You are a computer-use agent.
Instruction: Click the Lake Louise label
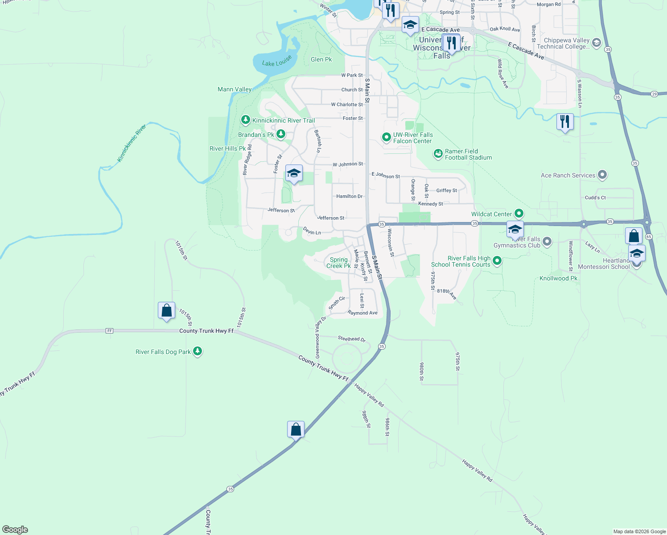(277, 61)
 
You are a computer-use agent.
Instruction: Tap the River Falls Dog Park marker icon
(198, 351)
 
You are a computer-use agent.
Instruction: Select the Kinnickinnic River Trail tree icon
(245, 120)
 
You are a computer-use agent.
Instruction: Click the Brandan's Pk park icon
(281, 134)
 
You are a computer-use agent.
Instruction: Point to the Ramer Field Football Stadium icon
(438, 154)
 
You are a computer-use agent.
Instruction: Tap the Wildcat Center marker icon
(518, 214)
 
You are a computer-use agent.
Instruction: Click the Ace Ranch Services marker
(602, 175)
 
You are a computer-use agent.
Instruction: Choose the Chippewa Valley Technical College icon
(597, 43)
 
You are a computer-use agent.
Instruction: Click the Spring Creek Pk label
(338, 263)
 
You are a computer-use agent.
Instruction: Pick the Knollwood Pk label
(558, 278)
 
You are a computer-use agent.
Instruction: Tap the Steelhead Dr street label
(352, 339)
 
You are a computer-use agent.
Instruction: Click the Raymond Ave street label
(362, 313)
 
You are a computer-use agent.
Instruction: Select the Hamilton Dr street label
(349, 196)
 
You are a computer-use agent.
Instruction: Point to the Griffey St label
(446, 190)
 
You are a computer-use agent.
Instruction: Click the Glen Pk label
(321, 59)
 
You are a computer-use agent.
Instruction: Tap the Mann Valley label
(235, 89)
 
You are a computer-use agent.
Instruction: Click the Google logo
(15, 530)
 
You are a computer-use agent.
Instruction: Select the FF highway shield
(110, 331)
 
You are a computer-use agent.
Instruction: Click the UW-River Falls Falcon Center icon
(387, 137)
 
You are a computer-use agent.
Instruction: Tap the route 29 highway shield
(654, 94)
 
